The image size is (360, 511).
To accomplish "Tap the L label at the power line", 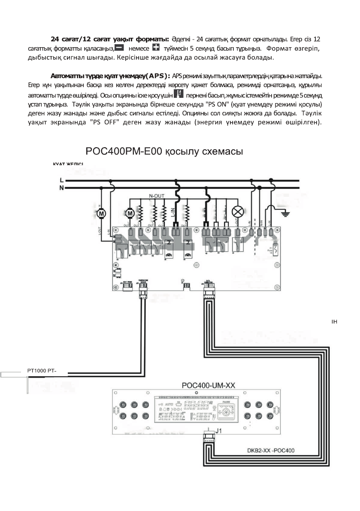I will (61, 180).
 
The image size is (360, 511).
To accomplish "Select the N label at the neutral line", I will (61, 187).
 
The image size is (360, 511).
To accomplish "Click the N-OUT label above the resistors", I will (157, 196).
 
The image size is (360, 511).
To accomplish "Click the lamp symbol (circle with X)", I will (237, 212).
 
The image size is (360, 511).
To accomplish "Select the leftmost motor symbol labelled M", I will (102, 213).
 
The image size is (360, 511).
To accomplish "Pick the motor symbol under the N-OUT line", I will (130, 213).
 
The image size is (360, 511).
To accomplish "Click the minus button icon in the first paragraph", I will (120, 47).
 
